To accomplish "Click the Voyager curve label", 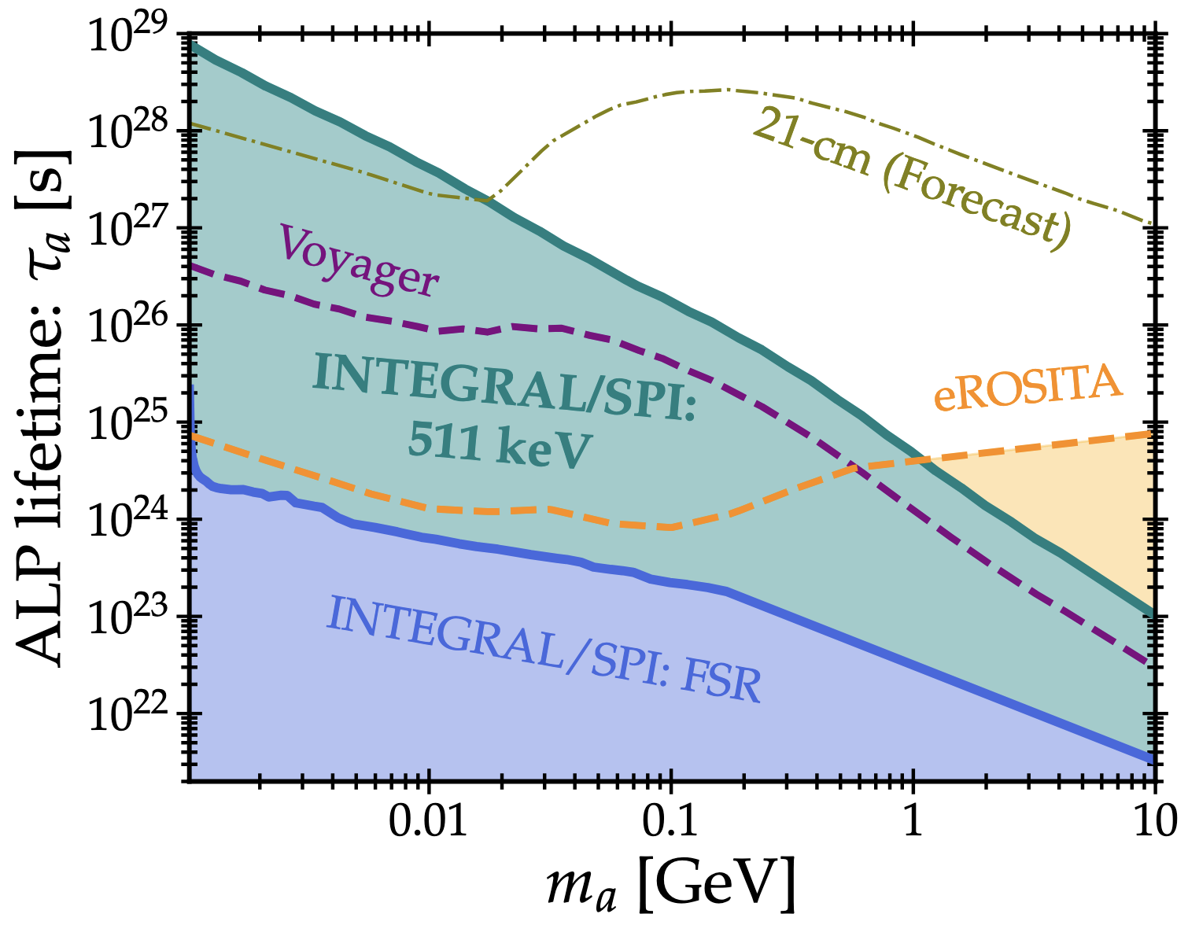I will tap(359, 260).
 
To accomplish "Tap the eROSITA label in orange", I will tap(1028, 386).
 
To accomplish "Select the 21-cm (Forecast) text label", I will tap(913, 178).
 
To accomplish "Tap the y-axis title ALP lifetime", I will tap(42, 409).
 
